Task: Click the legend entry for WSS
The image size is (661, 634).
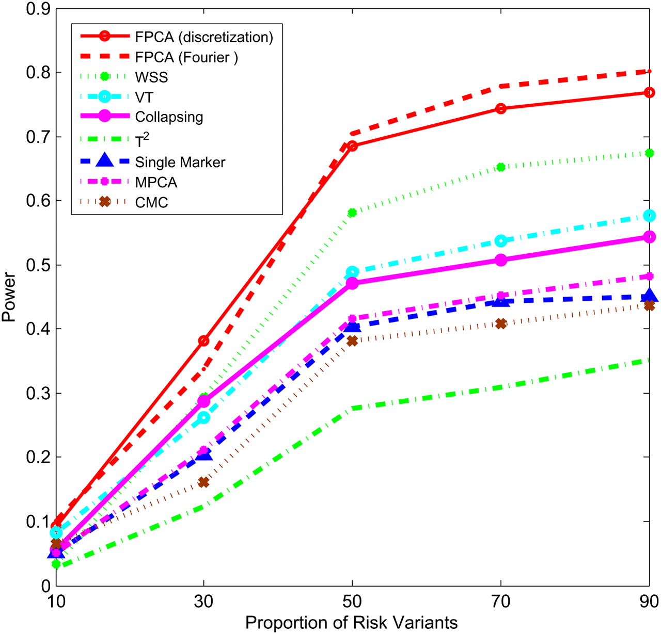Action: click(x=151, y=77)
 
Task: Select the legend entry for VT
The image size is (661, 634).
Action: click(x=144, y=97)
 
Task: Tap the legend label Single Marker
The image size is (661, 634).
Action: click(x=180, y=162)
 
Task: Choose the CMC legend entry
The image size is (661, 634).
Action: click(x=151, y=202)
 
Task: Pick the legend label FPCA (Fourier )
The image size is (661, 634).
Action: click(x=186, y=57)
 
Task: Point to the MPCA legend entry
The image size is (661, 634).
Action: click(x=156, y=182)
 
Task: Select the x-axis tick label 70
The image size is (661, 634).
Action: click(x=500, y=602)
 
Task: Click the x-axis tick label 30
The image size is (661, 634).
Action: click(x=204, y=602)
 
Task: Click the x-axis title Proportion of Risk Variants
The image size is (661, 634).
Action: click(x=351, y=622)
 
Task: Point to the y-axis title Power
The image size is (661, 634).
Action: click(x=9, y=297)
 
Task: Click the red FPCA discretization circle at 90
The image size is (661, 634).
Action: click(x=649, y=92)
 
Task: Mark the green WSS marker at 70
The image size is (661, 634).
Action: click(x=500, y=167)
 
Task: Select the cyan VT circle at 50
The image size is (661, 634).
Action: click(x=352, y=272)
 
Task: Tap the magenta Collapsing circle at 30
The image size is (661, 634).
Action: click(x=204, y=401)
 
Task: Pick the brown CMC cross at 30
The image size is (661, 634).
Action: click(x=204, y=482)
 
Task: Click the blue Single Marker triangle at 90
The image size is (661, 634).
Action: click(x=649, y=296)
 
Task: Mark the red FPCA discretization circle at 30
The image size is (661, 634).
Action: click(x=204, y=340)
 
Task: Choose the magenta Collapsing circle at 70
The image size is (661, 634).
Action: click(x=500, y=260)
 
